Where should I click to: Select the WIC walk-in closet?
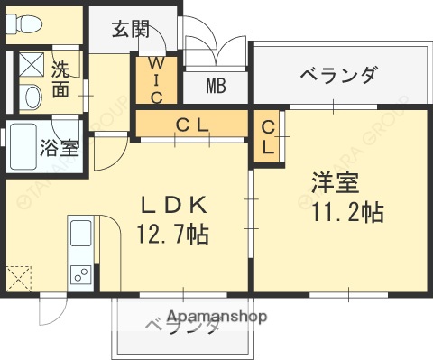(x=155, y=80)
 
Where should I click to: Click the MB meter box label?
(x=216, y=87)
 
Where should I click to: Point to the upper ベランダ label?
(x=336, y=74)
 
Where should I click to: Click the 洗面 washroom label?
(x=60, y=78)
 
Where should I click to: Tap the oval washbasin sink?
(x=32, y=96)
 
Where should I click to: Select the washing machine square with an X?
(x=32, y=65)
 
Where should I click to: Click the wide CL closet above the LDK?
(x=191, y=124)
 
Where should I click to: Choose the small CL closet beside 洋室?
(x=268, y=137)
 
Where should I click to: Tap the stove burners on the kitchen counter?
(x=78, y=272)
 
